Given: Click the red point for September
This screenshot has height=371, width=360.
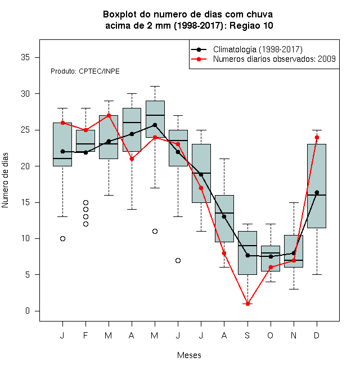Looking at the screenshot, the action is [x=247, y=304].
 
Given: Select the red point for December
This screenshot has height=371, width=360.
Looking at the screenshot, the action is [x=317, y=138].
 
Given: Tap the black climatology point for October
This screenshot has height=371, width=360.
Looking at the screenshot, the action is [x=271, y=256].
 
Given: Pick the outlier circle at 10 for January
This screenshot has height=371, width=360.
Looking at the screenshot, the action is [x=62, y=238].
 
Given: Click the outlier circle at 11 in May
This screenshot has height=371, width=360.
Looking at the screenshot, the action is [x=155, y=231].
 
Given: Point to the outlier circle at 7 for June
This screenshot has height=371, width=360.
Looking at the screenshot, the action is [x=178, y=260].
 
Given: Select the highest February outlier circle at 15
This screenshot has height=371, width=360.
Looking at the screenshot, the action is [x=85, y=202].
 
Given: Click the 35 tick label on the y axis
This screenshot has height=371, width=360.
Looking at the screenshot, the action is [x=25, y=57].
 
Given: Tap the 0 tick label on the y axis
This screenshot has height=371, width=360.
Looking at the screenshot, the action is [x=28, y=311].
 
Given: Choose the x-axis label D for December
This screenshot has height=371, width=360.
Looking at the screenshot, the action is [x=317, y=335].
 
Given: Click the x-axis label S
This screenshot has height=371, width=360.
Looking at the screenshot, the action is [x=247, y=335].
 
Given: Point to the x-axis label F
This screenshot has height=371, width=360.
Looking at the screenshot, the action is [x=85, y=335].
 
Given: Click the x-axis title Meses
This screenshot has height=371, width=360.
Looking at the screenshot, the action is [x=189, y=355].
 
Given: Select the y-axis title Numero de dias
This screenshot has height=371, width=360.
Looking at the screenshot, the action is [x=5, y=180].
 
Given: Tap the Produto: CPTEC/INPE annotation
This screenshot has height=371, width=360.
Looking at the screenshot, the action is [x=85, y=71].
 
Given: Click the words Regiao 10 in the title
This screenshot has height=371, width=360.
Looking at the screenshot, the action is [x=251, y=25].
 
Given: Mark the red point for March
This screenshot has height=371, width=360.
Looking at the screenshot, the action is [x=109, y=115].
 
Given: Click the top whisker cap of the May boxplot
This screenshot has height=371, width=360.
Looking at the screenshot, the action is [x=155, y=87].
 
